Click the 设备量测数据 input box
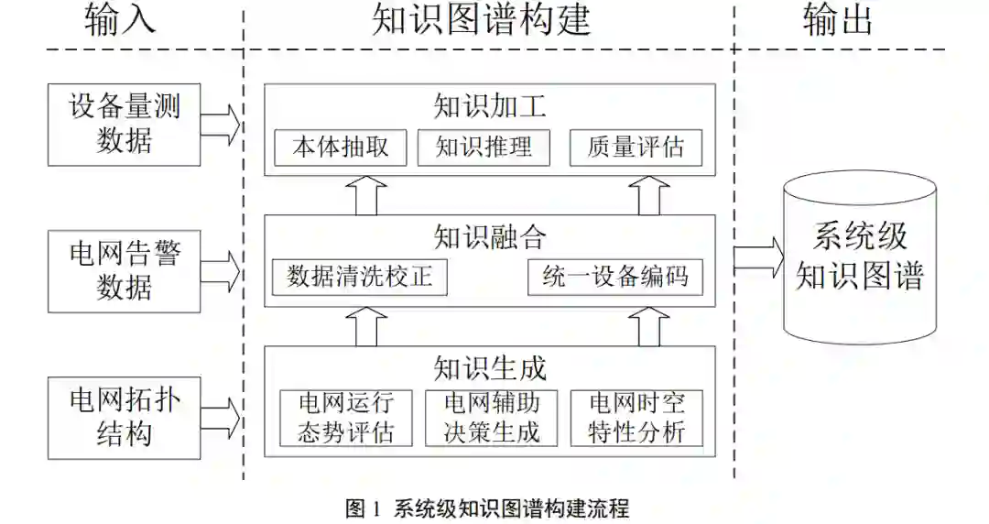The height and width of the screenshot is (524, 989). [x=125, y=125]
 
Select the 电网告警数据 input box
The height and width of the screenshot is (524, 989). [x=125, y=270]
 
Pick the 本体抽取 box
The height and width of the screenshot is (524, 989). [x=341, y=147]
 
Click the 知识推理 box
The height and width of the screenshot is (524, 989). [x=484, y=147]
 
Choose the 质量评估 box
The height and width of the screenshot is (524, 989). [x=636, y=147]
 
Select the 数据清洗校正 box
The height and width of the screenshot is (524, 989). [x=360, y=277]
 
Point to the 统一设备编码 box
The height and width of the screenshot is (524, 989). [x=615, y=277]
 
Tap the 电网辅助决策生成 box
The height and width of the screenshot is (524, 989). [x=492, y=418]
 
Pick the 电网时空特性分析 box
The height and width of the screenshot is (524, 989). [x=636, y=418]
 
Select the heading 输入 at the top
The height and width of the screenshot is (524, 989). [x=119, y=20]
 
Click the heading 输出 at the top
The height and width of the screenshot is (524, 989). [x=838, y=20]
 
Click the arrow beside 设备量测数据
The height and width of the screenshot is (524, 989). [x=220, y=125]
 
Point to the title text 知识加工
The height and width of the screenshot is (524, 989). [x=490, y=107]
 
